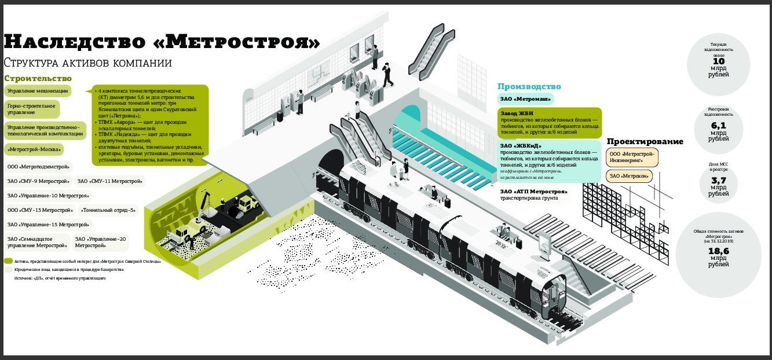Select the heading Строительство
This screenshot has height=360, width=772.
pos(38,78)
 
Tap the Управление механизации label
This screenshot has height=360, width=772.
pos(38,91)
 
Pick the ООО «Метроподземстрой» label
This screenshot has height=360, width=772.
pos(39,167)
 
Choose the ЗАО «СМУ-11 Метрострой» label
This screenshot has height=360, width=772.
pos(109,181)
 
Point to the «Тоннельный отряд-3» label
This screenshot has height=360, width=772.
pos(109,210)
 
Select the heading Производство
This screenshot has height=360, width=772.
pos(529,86)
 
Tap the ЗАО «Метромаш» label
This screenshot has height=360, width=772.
pos(526,98)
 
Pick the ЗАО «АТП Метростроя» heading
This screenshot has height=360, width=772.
pos(533,192)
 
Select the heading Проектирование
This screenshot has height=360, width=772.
pos(645,142)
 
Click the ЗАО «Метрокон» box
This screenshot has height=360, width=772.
pos(629,176)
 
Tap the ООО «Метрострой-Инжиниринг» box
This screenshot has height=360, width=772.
pos(632,157)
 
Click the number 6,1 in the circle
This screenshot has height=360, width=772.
pos(719,126)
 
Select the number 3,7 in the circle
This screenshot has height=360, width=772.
pos(719,181)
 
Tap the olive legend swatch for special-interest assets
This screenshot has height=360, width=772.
pos(8,261)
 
